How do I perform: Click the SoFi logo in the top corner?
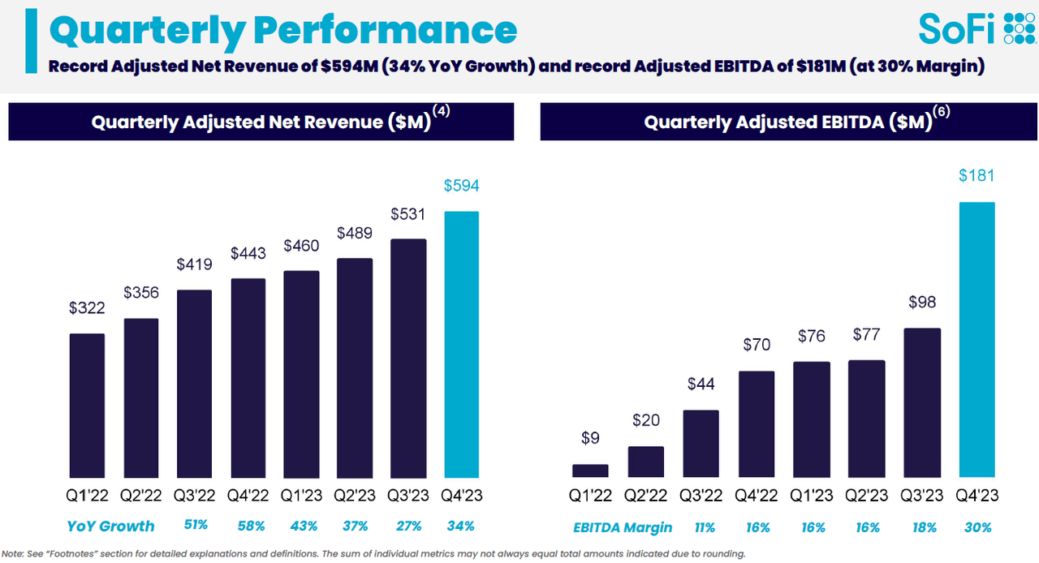pyautogui.click(x=976, y=28)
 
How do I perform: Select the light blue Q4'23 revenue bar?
pyautogui.click(x=461, y=345)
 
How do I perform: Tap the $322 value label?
pyautogui.click(x=87, y=307)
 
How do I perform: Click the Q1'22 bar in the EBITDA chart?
pyautogui.click(x=590, y=471)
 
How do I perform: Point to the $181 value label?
pyautogui.click(x=976, y=175)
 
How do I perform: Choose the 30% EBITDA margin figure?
pyautogui.click(x=977, y=527)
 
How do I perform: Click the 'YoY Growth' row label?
pyautogui.click(x=111, y=526)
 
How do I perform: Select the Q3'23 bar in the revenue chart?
pyautogui.click(x=408, y=358)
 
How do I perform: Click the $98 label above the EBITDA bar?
pyautogui.click(x=922, y=302)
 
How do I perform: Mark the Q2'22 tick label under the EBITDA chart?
pyautogui.click(x=646, y=496)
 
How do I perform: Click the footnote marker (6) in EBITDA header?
pyautogui.click(x=942, y=113)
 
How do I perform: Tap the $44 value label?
pyautogui.click(x=701, y=384)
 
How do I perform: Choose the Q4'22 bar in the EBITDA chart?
pyautogui.click(x=757, y=424)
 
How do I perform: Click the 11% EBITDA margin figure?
pyautogui.click(x=705, y=527)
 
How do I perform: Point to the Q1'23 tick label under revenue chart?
pyautogui.click(x=301, y=495)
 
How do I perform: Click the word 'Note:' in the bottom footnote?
pyautogui.click(x=13, y=554)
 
